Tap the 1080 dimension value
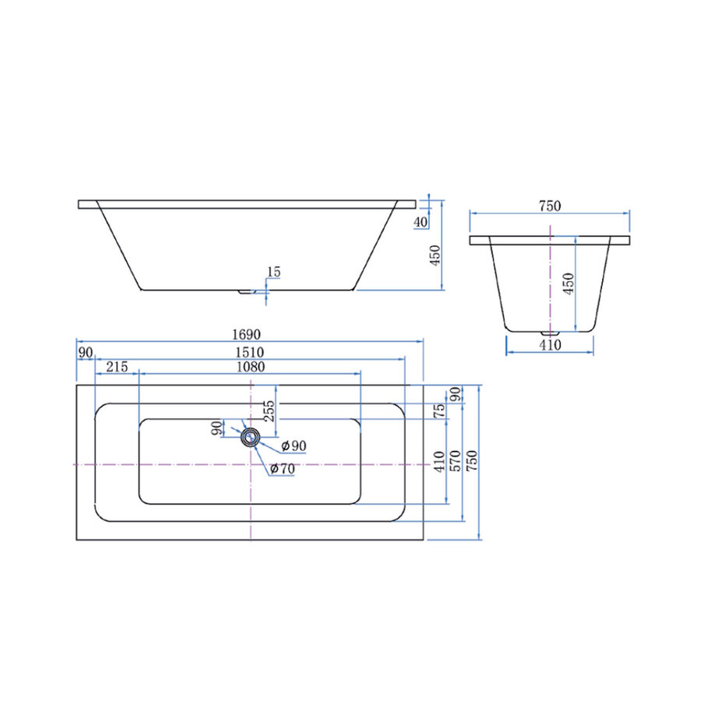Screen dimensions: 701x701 (249, 367)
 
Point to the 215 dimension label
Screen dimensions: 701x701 (117, 367)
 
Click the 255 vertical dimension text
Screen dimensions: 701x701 (269, 410)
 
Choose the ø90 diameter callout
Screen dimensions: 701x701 (294, 446)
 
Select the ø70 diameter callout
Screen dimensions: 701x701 (283, 468)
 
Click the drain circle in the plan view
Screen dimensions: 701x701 (250, 437)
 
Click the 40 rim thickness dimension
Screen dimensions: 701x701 (421, 223)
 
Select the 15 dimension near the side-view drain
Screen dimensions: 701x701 (273, 272)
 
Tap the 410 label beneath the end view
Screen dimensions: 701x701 (550, 345)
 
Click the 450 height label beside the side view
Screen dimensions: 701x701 (435, 255)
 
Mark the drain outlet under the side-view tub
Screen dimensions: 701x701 (247, 292)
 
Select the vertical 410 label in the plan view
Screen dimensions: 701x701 (439, 461)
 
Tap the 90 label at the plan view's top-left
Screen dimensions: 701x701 (85, 352)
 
